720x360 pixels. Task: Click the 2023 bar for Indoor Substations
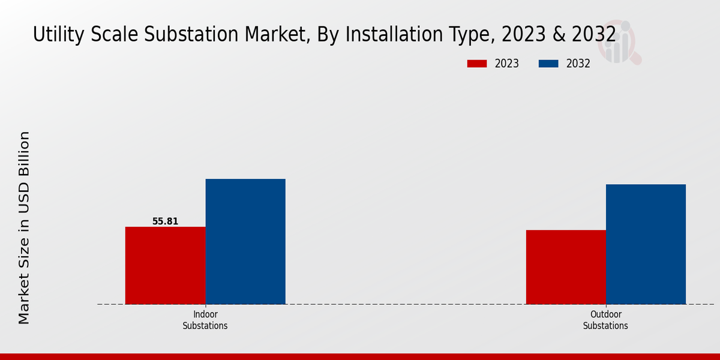(x=165, y=265)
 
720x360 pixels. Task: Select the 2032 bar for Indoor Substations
(x=245, y=241)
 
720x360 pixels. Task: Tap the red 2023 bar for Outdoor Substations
(x=566, y=267)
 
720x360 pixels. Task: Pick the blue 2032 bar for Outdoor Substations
(x=646, y=244)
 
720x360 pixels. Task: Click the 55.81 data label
(x=165, y=221)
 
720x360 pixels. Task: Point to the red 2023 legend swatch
(x=476, y=64)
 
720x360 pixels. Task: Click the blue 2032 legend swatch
(x=548, y=64)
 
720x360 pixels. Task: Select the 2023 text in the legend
(x=507, y=64)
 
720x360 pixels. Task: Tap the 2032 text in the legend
(x=578, y=64)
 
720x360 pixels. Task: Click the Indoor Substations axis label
(x=205, y=320)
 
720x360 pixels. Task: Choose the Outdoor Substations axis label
(x=605, y=320)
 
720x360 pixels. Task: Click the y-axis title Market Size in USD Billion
(x=24, y=228)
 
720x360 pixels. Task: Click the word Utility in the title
(x=55, y=35)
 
